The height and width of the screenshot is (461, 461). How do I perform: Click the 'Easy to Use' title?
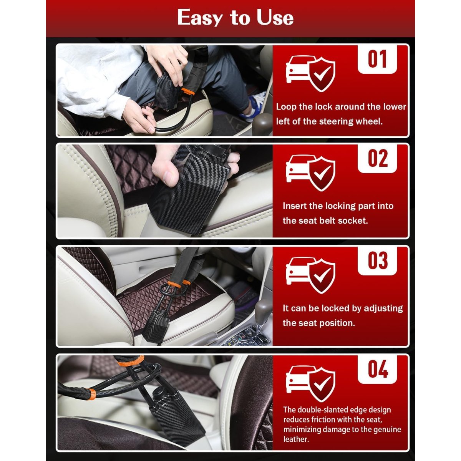[235, 17]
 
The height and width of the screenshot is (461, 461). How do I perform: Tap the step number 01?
[377, 59]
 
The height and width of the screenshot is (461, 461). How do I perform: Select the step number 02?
[378, 158]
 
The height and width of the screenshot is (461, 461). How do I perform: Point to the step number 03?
[378, 260]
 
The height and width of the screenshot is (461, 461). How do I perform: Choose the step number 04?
[378, 369]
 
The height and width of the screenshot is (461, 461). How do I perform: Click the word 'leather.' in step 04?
[296, 439]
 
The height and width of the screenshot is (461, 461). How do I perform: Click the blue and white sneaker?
[254, 106]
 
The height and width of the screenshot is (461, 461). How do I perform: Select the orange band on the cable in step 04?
[92, 395]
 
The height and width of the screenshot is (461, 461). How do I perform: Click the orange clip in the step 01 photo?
[188, 91]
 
